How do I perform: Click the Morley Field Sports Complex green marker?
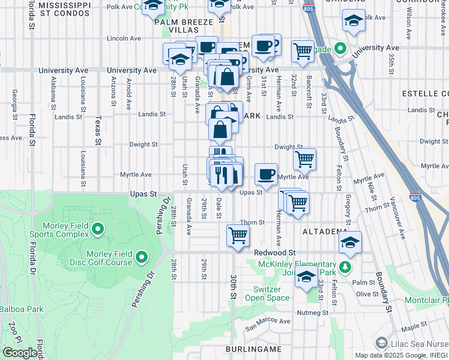(x=97, y=229)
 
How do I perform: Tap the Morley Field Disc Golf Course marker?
(x=142, y=257)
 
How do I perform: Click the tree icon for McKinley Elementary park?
(x=345, y=266)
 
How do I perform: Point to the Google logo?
(x=20, y=353)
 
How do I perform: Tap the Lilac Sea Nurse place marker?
(x=381, y=343)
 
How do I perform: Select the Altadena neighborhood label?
(x=325, y=231)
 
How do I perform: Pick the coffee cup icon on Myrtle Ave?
(x=266, y=174)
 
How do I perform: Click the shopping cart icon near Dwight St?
(x=305, y=159)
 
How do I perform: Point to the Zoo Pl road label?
(x=12, y=332)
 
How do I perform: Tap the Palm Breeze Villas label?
(x=184, y=26)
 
